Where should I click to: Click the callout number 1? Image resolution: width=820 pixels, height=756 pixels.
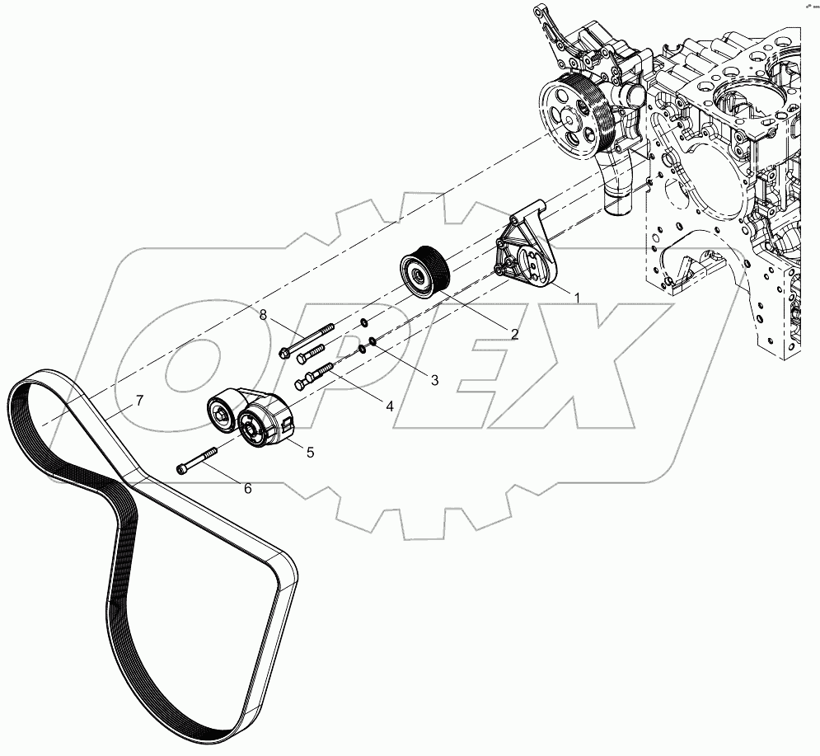pos(578,296)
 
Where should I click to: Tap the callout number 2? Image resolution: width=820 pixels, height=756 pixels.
pos(513,334)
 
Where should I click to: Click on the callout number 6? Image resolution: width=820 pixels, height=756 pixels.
pos(247,488)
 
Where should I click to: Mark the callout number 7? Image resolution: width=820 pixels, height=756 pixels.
pos(139,401)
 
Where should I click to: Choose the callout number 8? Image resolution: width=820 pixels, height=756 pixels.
pos(263,314)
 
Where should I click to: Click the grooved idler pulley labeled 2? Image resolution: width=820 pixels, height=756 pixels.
pos(422,270)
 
